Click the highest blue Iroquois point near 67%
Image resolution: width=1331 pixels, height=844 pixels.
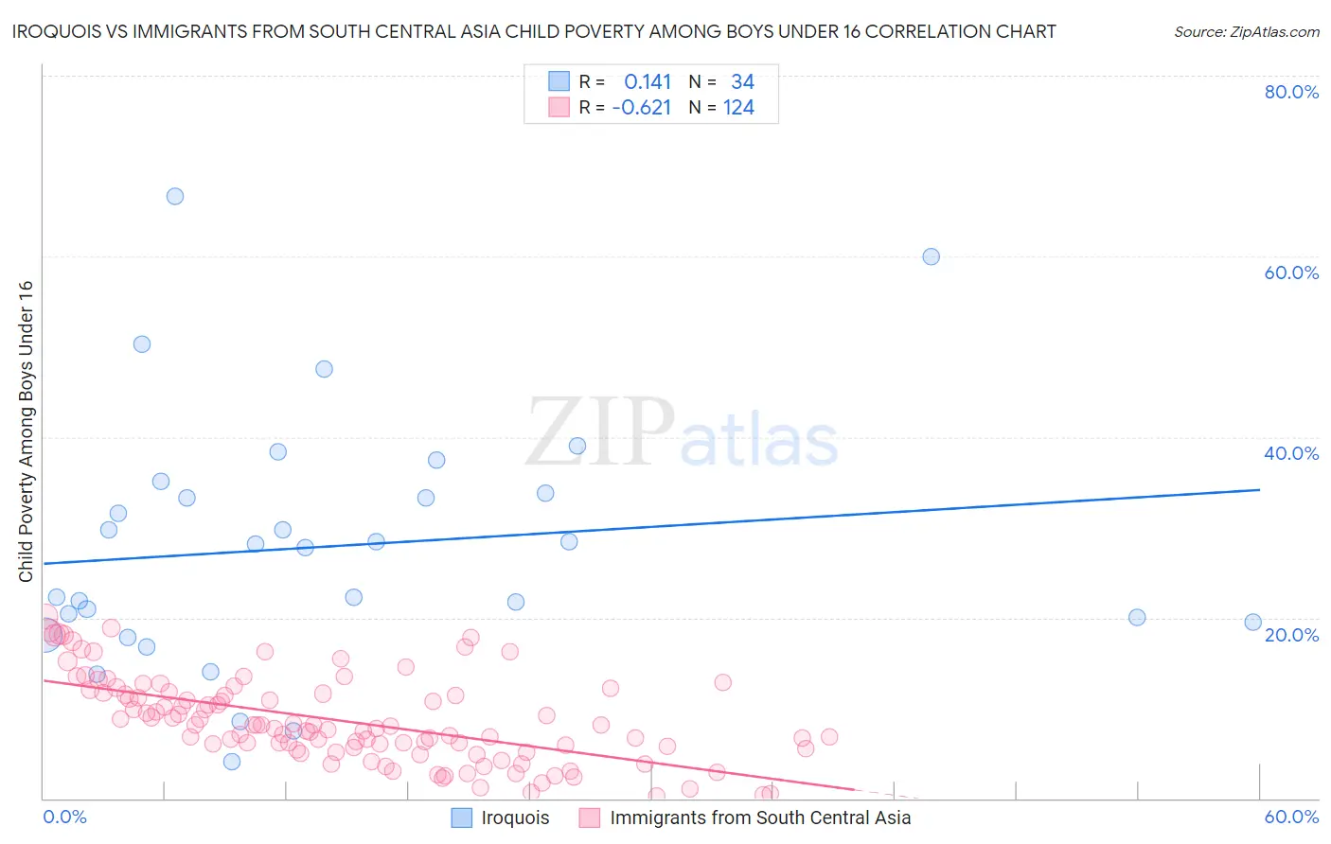[175, 197]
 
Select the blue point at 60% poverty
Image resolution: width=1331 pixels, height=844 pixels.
[932, 256]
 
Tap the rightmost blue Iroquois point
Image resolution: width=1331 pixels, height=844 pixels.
[1253, 622]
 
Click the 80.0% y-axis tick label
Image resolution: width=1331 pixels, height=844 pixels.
[1291, 92]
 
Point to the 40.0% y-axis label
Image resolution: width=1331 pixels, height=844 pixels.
[1291, 453]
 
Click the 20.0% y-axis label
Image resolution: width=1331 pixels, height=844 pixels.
[1291, 634]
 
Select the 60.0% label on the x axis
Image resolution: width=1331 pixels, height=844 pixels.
[1291, 817]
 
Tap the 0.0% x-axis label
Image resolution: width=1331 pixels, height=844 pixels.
[64, 817]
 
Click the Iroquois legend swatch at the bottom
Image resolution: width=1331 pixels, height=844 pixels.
[461, 818]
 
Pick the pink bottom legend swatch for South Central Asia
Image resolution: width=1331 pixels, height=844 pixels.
[590, 818]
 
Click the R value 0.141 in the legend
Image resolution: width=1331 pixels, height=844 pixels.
[648, 82]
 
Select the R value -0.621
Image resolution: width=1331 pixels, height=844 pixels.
[642, 108]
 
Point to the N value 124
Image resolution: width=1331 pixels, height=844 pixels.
[738, 108]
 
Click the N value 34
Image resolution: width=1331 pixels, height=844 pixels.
[742, 82]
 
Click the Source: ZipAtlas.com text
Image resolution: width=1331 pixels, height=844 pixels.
[1246, 31]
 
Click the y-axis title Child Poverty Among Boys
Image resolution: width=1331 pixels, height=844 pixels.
[26, 431]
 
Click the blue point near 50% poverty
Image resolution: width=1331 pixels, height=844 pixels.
[142, 344]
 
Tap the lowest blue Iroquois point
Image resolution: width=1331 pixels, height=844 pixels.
[232, 762]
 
